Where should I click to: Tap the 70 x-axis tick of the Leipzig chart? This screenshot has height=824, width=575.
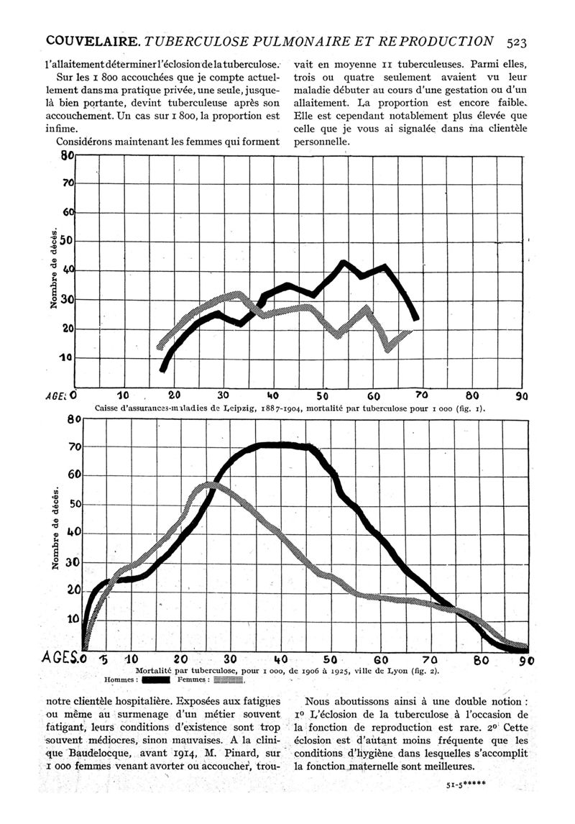click(x=423, y=395)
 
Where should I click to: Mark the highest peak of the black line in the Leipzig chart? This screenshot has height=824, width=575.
click(x=343, y=262)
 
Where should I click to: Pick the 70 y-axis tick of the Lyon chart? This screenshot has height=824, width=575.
click(x=73, y=447)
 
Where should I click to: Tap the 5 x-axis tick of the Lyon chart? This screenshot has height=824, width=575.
click(x=103, y=659)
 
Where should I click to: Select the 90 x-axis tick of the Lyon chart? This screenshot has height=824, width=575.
click(x=527, y=659)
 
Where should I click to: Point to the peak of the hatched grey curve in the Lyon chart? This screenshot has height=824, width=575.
click(x=208, y=485)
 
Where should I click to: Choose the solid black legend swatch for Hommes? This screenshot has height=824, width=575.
click(x=155, y=679)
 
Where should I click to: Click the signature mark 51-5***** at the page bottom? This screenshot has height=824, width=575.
click(x=466, y=784)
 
